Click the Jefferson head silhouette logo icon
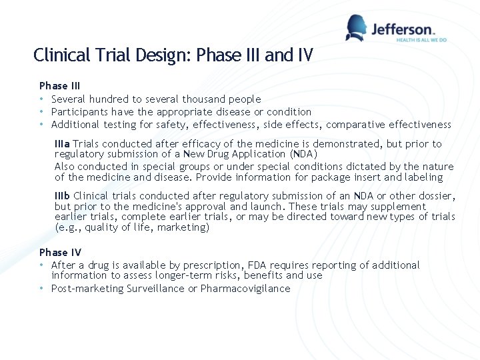(357, 27)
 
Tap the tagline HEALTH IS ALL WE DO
(421, 40)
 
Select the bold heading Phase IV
(60, 252)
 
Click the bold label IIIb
(63, 196)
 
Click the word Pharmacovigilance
(245, 289)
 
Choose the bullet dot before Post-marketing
(42, 289)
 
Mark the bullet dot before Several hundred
(42, 99)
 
